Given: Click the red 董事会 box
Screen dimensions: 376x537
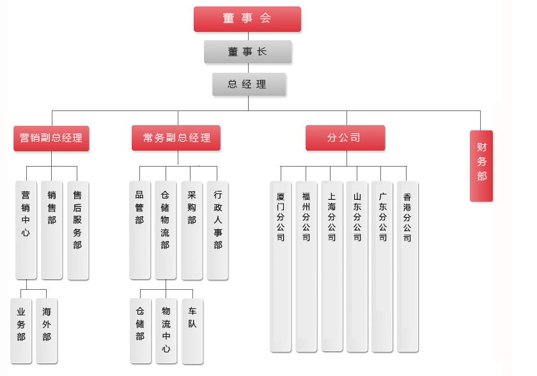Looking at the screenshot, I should coord(247,19).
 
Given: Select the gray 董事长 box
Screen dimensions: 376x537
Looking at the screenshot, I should coord(247,52).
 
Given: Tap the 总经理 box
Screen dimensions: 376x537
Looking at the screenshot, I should coord(249,84).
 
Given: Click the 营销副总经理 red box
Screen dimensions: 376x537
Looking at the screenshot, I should coord(51,138).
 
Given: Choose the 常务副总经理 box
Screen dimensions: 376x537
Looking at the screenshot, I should coord(176,138).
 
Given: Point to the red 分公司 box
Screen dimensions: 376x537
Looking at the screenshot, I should coord(345,138).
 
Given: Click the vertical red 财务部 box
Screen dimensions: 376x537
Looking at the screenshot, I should coord(481,165).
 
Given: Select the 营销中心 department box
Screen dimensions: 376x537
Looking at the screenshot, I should coord(26,230).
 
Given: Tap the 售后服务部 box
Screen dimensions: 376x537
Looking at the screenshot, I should coord(77,230).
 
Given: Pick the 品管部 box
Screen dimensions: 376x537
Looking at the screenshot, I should coord(139,230).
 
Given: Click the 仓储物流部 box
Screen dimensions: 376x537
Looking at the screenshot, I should coord(165,230).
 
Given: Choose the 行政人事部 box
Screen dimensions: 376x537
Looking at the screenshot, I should coord(217,230).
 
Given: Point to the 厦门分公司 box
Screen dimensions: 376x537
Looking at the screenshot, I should coord(280,266).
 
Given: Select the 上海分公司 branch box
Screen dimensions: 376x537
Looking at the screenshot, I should coord(332,266).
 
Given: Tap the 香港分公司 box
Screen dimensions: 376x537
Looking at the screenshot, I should coord(407,266).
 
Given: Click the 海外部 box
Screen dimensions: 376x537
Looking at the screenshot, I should coord(47,330).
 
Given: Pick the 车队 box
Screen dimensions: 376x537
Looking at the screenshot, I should coord(192,330).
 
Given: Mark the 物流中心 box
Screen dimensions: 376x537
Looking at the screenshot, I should coord(166,330).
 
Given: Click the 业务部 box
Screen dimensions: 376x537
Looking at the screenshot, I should coord(21,330).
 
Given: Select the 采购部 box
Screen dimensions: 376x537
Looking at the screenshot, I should coord(191,230).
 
